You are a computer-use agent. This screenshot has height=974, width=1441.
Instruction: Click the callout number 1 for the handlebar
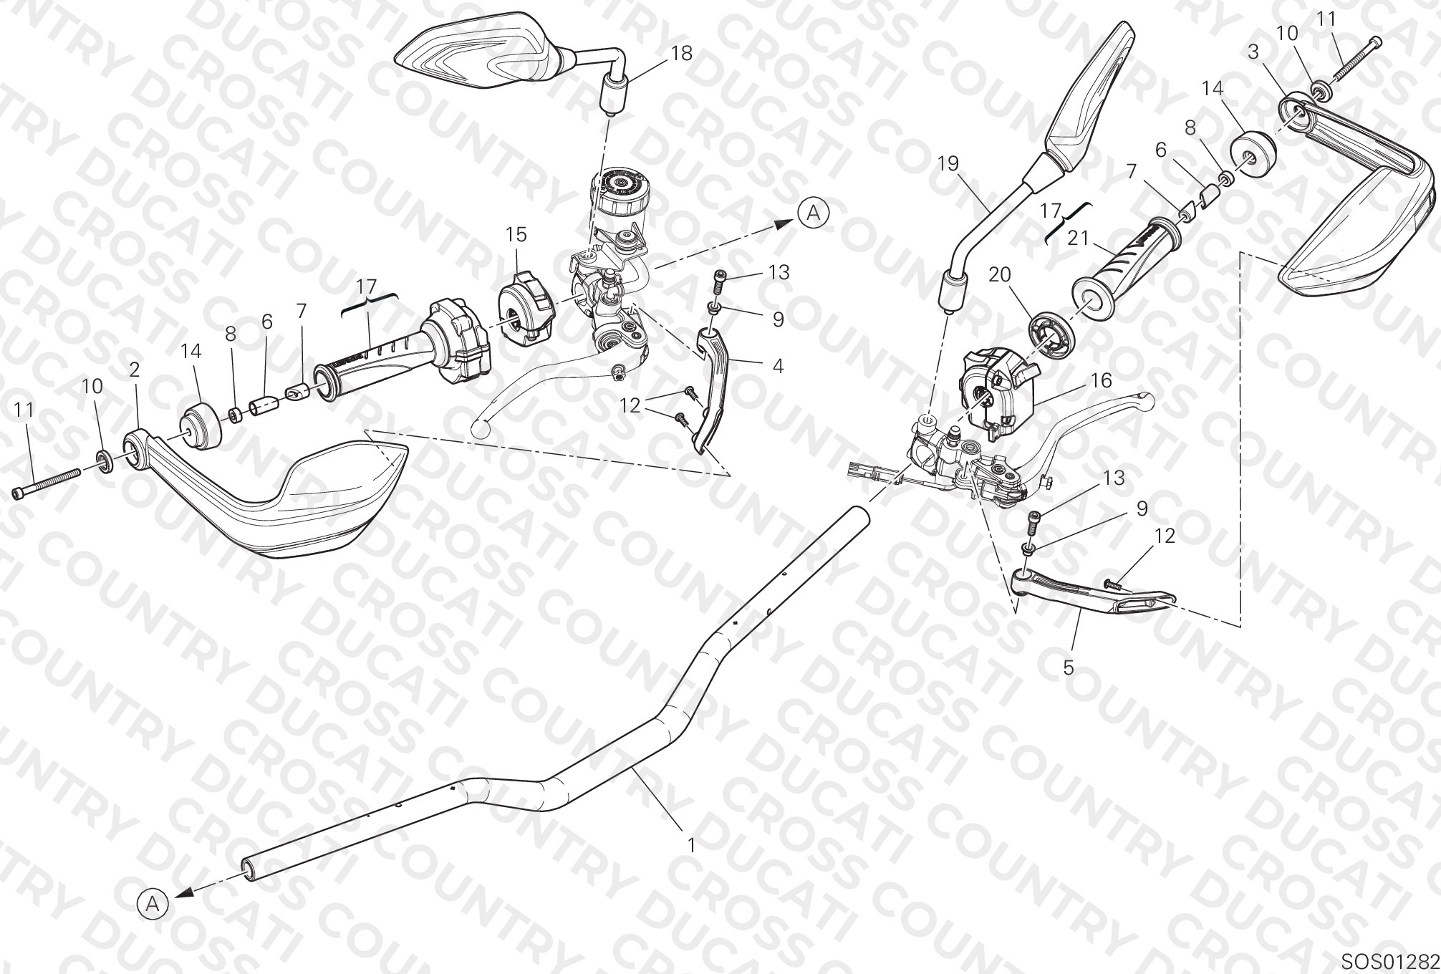tap(691, 845)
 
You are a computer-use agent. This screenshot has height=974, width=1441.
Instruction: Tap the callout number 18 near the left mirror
tap(682, 54)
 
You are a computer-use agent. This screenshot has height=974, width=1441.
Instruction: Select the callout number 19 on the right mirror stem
tap(948, 164)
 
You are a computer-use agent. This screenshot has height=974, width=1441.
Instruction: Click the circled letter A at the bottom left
tap(153, 905)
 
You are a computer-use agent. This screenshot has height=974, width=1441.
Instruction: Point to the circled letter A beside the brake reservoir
tap(813, 212)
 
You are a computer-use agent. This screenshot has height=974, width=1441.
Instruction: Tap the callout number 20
tap(1000, 274)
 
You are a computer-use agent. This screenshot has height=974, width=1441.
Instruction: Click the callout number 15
tap(516, 234)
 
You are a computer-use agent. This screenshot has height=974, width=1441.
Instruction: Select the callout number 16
tap(1102, 380)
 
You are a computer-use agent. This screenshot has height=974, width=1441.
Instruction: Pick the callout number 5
tap(1068, 667)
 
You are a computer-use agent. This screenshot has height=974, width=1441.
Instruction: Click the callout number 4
tap(778, 366)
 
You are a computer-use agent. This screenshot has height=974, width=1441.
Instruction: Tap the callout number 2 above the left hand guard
tap(135, 370)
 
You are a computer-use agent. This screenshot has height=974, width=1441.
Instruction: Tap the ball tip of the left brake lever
tap(481, 428)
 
